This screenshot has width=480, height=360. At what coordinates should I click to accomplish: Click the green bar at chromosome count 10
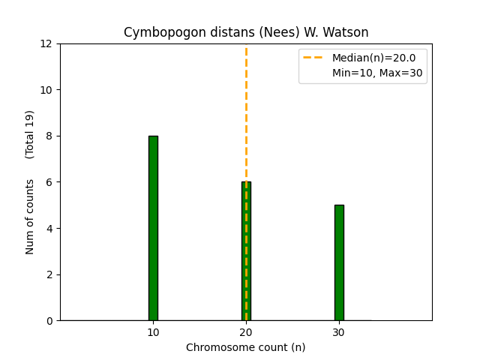(x=153, y=228)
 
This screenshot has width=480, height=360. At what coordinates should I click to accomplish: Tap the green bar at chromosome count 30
(x=339, y=262)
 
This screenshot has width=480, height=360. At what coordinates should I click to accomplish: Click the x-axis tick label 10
(x=153, y=332)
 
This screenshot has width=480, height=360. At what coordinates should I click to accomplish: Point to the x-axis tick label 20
(x=246, y=332)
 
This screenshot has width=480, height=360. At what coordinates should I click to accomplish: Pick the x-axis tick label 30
(x=339, y=332)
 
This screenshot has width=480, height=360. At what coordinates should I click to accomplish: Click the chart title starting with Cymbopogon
(x=246, y=32)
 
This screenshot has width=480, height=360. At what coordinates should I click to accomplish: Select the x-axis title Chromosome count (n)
(x=246, y=347)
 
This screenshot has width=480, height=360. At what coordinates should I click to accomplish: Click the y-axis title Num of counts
(x=30, y=217)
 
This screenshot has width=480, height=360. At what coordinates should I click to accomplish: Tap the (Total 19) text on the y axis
(x=30, y=134)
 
